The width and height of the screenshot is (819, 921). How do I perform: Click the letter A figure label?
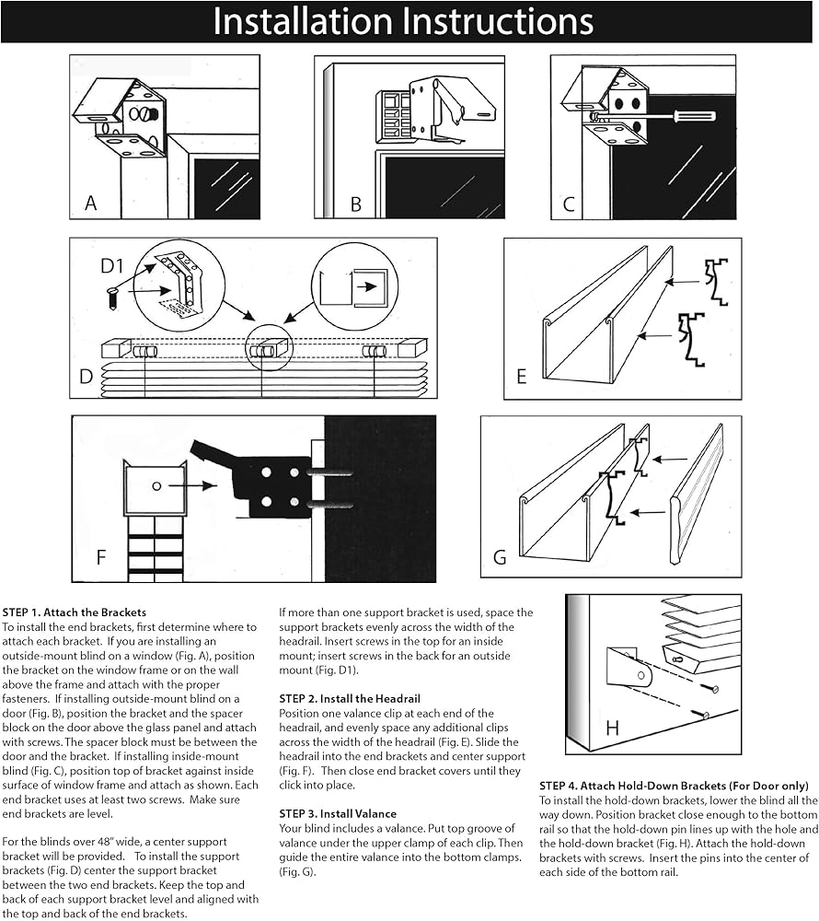90,204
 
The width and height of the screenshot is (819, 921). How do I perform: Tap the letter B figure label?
355,204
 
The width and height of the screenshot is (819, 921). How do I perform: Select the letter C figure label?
569,204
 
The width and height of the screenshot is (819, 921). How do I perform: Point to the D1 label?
112,267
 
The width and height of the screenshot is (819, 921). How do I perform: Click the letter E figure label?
522,376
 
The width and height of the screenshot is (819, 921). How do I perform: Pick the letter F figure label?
102,557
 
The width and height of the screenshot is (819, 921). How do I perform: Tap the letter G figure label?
500,556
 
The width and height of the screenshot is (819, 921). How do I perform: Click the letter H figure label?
612,729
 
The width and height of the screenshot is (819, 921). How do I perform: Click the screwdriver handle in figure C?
697,116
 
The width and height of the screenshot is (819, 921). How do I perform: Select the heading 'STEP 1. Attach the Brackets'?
75,612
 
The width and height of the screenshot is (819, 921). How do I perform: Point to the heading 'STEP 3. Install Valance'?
338,814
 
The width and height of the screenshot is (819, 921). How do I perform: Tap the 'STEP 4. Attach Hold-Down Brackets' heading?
674,786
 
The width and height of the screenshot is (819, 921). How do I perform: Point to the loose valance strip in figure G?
698,493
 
